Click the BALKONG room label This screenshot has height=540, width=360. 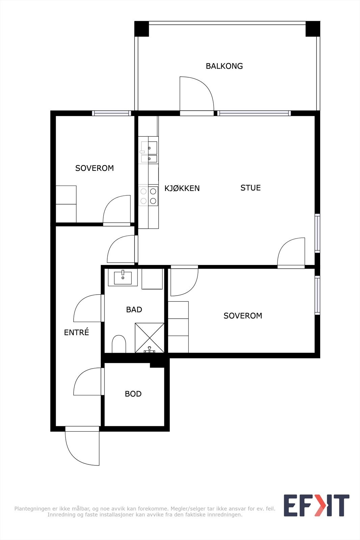224,66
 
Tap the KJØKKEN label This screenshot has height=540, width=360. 182,188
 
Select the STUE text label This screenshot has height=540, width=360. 250,188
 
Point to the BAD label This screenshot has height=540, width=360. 134,309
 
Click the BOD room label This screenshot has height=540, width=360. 133,394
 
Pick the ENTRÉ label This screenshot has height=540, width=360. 76,332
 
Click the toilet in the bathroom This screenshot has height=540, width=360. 119,344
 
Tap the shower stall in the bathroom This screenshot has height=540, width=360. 150,338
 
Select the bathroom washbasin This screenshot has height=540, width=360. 123,277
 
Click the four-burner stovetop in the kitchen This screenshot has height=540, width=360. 148,196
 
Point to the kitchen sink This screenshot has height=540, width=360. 149,152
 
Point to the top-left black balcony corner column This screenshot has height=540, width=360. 142,29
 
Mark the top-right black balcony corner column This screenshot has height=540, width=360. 313,29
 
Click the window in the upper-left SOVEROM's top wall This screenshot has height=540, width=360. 111,113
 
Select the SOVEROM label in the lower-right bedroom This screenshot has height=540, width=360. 243,316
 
